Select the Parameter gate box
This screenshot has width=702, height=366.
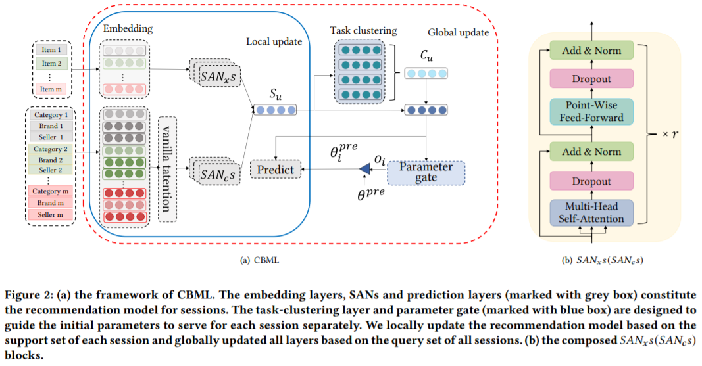click(426, 173)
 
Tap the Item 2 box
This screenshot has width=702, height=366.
click(52, 64)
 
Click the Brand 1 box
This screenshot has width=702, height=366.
click(52, 126)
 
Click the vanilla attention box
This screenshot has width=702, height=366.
click(167, 169)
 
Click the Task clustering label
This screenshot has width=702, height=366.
click(364, 30)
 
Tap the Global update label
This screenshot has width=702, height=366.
click(458, 32)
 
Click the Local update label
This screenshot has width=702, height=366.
click(274, 41)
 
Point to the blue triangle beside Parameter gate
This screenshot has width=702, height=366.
click(364, 170)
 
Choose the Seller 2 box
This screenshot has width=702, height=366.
click(52, 170)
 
